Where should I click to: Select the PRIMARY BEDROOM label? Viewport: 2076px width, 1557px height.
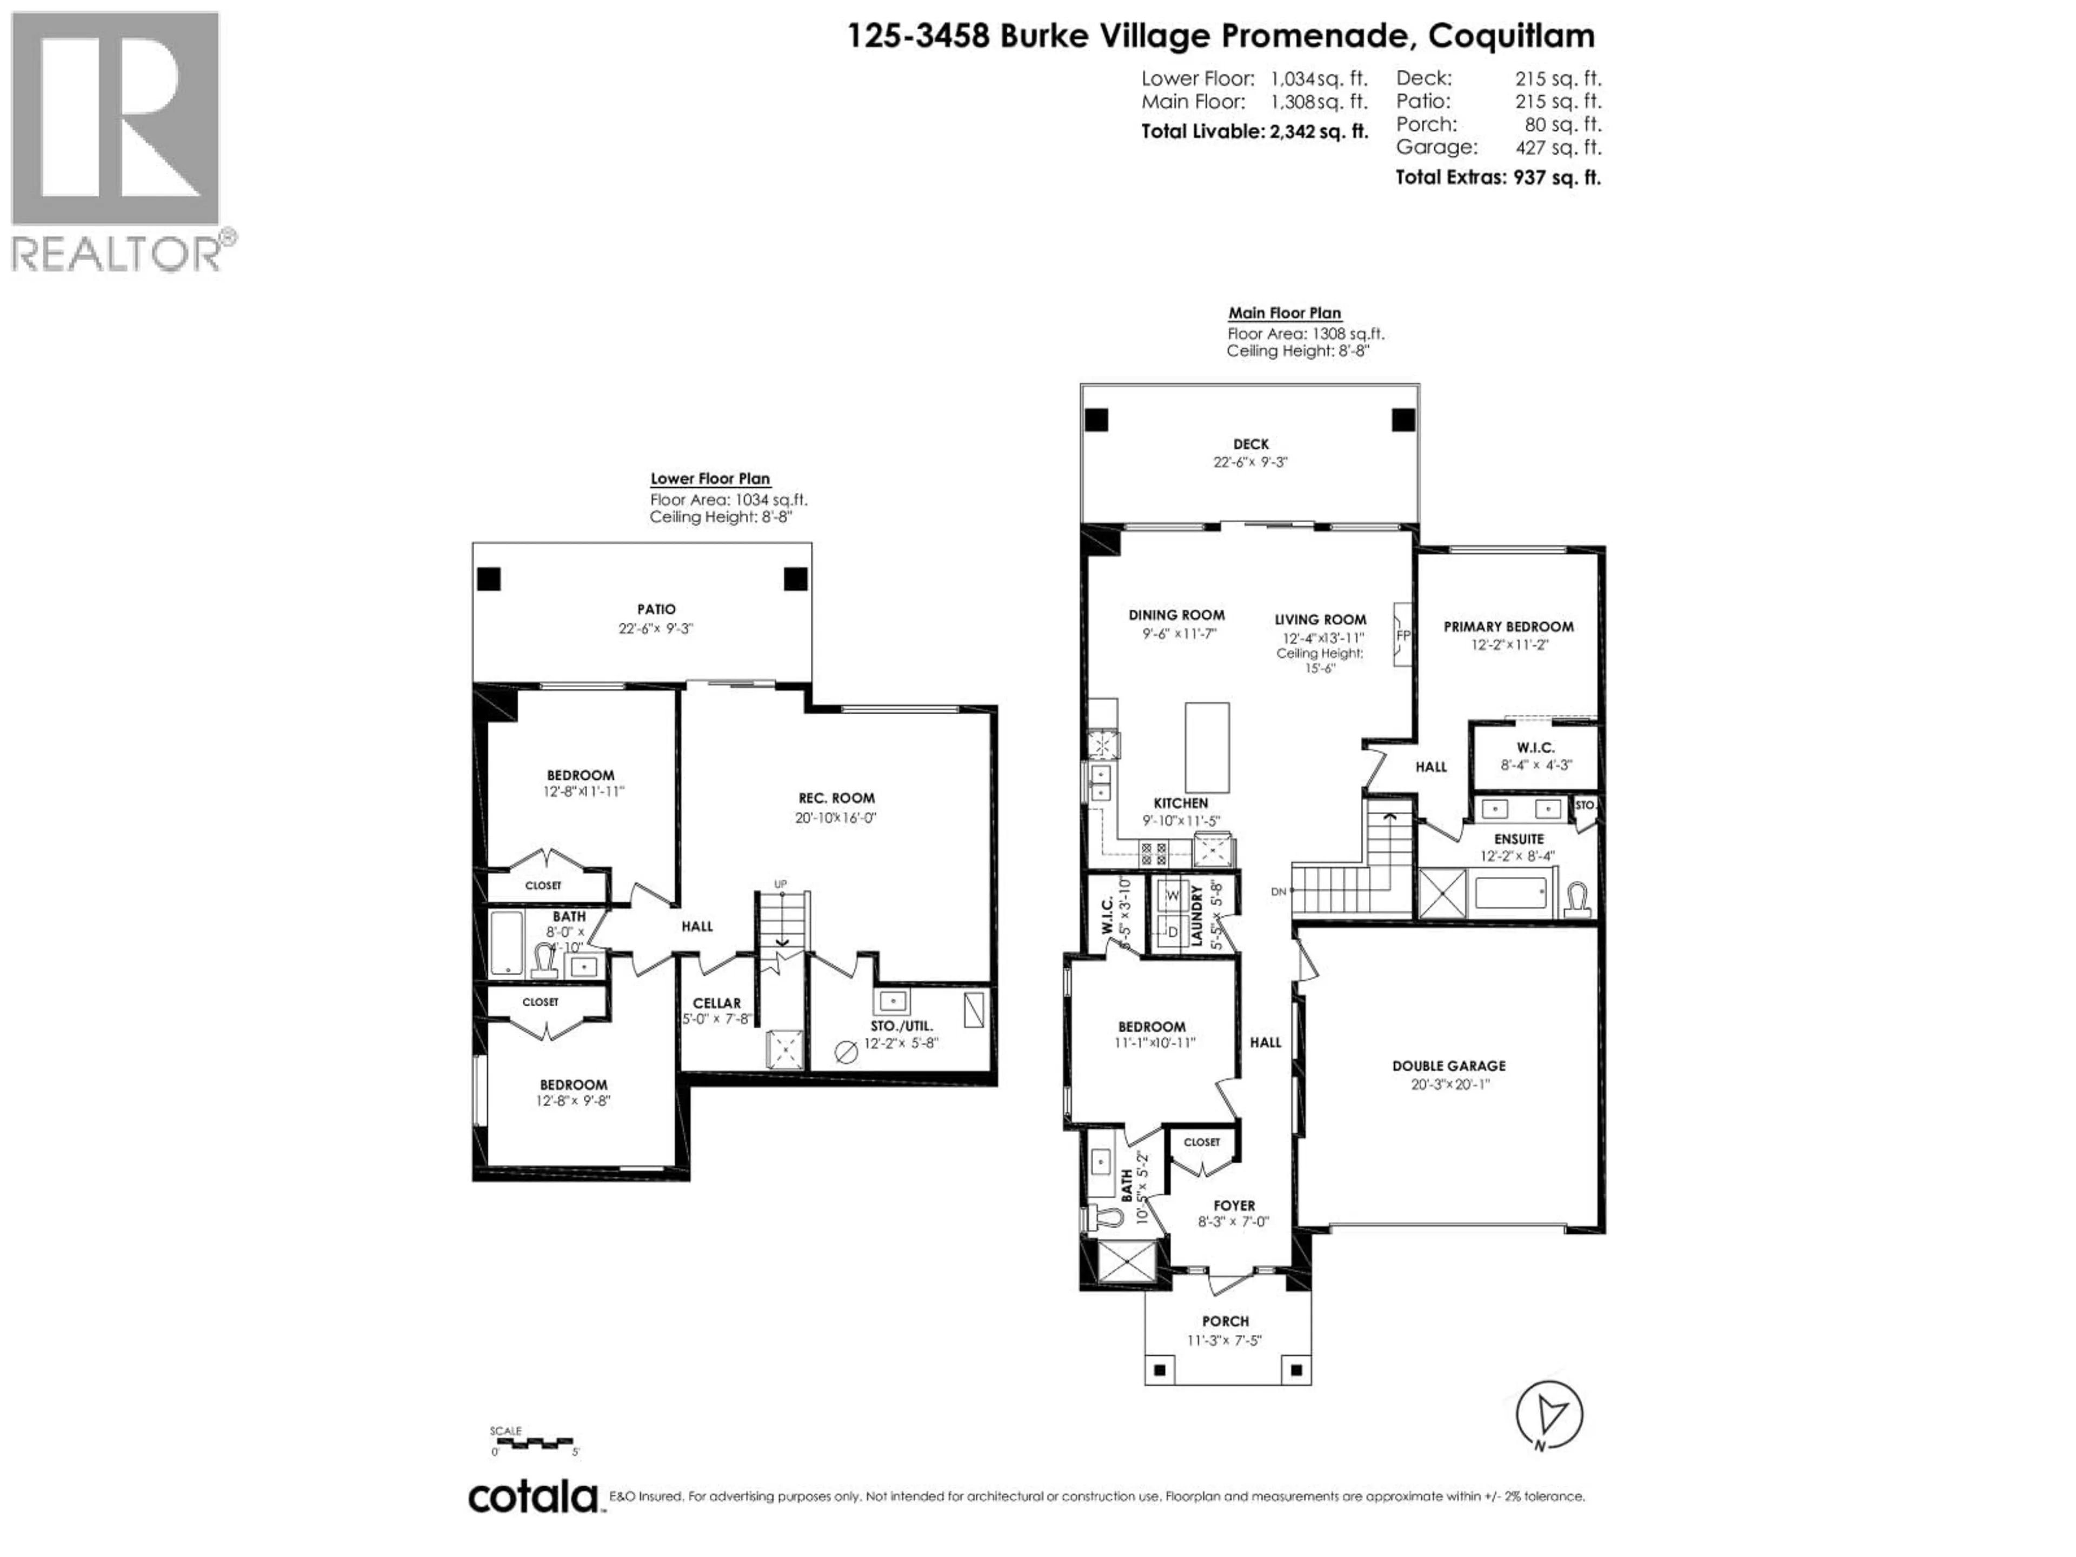[1508, 627]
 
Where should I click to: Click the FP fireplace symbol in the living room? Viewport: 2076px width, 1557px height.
[1403, 635]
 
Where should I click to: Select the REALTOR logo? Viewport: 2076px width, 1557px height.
[117, 141]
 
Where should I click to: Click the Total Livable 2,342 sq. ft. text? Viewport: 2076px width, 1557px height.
[1254, 131]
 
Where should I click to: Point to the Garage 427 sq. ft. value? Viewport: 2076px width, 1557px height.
[1558, 148]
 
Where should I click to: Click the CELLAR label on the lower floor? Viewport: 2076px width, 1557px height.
[717, 1003]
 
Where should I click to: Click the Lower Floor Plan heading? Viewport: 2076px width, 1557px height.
[710, 478]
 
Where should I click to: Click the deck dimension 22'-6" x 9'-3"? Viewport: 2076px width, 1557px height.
[1250, 462]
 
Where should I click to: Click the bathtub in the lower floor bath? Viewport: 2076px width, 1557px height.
[507, 942]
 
